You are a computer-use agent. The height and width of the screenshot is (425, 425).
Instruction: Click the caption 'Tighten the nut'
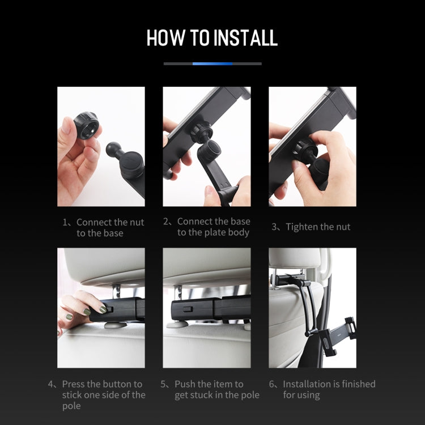[x=318, y=227]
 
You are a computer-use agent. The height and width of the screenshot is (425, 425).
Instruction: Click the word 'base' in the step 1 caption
[x=112, y=233]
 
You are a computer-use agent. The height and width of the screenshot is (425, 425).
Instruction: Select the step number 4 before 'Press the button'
[x=51, y=384]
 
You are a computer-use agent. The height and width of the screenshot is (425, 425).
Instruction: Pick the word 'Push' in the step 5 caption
[x=185, y=384]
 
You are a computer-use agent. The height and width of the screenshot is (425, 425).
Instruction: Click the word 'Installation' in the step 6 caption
[x=311, y=384]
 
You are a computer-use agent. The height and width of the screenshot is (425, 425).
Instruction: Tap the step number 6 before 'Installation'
[x=272, y=384]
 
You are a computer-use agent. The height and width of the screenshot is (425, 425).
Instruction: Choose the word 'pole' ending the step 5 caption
[x=249, y=395]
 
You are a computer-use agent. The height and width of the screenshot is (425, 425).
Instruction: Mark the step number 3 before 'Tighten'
[x=275, y=227]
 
